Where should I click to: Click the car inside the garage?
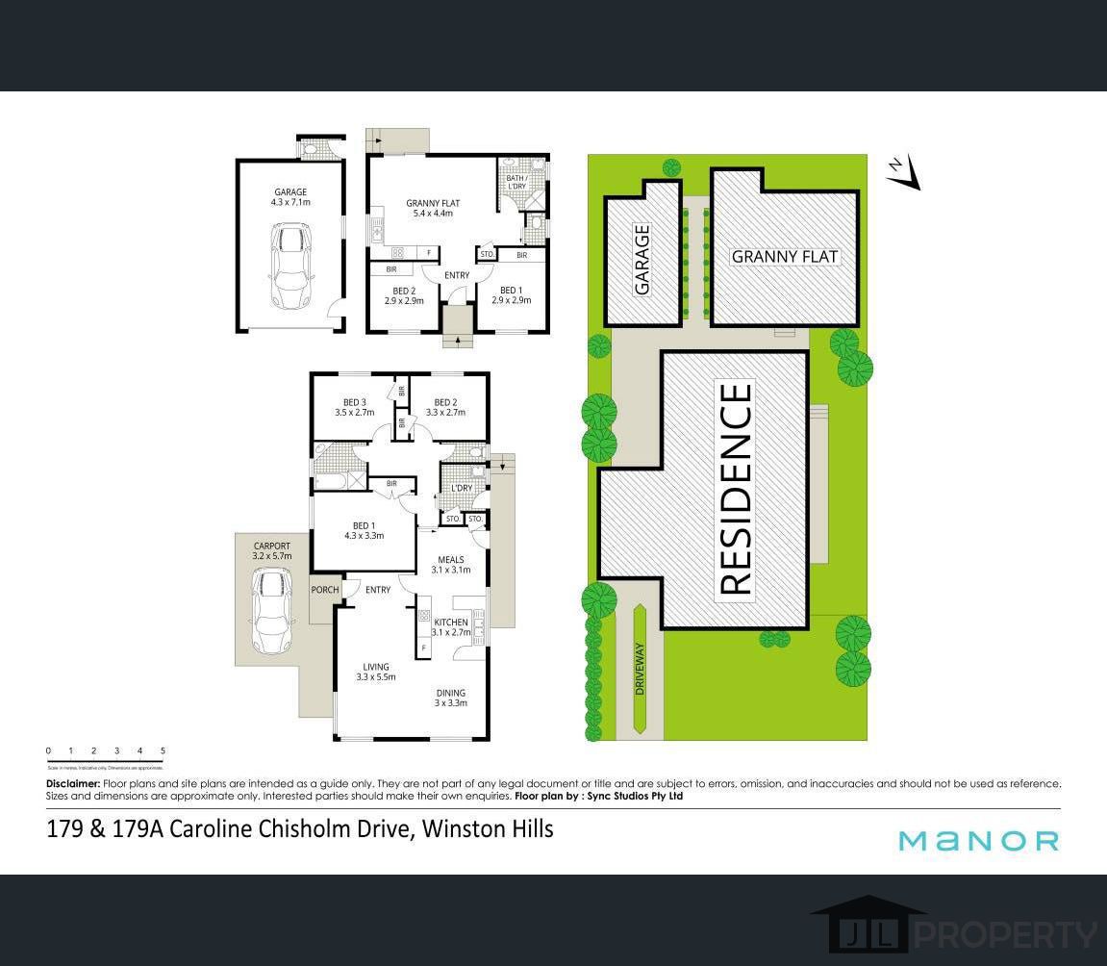tap(291, 266)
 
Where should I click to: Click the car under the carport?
tap(271, 610)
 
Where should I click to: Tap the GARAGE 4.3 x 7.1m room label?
tap(290, 197)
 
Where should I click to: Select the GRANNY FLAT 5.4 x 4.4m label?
tap(433, 208)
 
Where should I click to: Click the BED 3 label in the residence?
tap(354, 407)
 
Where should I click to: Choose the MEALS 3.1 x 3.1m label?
tap(450, 564)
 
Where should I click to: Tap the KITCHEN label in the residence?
tap(450, 626)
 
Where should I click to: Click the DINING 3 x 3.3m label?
tap(450, 697)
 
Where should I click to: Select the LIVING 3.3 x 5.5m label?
tap(375, 672)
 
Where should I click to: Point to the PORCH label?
tap(324, 590)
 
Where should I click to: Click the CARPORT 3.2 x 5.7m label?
tap(271, 551)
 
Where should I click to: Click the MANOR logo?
tap(978, 841)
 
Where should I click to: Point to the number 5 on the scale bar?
tap(163, 750)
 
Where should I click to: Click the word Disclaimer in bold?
tap(73, 784)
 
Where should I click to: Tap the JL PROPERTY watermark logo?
tap(956, 930)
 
